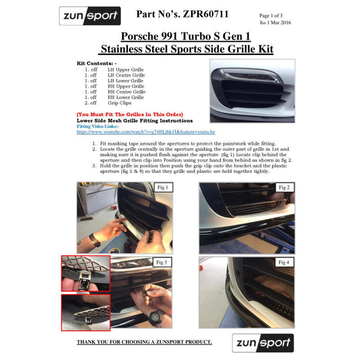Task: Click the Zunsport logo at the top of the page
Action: (x=90, y=16)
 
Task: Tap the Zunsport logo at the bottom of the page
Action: (x=263, y=343)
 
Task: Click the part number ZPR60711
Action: (x=206, y=14)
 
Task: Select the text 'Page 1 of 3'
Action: (x=271, y=15)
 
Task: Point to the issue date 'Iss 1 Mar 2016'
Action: (x=275, y=23)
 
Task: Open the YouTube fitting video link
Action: (x=146, y=132)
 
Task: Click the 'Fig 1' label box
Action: (x=163, y=187)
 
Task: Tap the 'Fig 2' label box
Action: (x=284, y=187)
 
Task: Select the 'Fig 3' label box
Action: (x=162, y=262)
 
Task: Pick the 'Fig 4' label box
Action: (x=284, y=262)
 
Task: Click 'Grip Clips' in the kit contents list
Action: (x=120, y=103)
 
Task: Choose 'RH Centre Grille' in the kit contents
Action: (x=127, y=92)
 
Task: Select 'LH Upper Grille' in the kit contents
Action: (x=126, y=69)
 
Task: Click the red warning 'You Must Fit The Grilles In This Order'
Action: (x=130, y=114)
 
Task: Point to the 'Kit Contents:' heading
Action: (x=97, y=63)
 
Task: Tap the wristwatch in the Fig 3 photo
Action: (x=156, y=317)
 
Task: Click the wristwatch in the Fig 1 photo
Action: (x=95, y=240)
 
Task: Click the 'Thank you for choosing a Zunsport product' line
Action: (x=144, y=342)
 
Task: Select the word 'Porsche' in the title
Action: (x=139, y=37)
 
